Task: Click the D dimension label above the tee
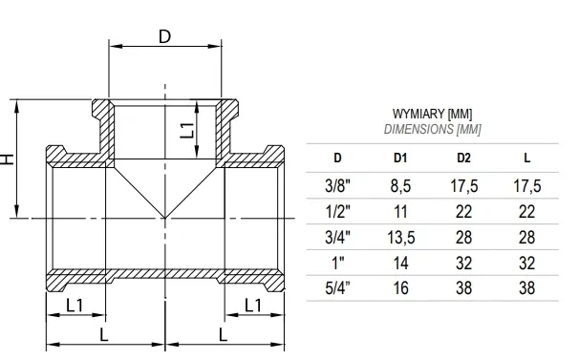coord(164,36)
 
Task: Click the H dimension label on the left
coord(9,158)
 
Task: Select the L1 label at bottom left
coord(77,306)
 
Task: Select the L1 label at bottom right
coord(253,306)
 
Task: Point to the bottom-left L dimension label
coord(104,335)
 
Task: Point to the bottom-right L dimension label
coord(223,335)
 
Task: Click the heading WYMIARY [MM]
coord(432,114)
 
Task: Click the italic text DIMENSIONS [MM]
coord(432,129)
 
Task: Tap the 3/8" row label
coord(337,185)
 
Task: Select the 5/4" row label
coord(337,287)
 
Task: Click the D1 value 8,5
coord(400,185)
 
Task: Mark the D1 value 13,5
coord(400,237)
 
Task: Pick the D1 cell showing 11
coord(400,211)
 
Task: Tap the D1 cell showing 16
coord(400,287)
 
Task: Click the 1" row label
coord(337,262)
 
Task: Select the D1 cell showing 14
coord(400,262)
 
